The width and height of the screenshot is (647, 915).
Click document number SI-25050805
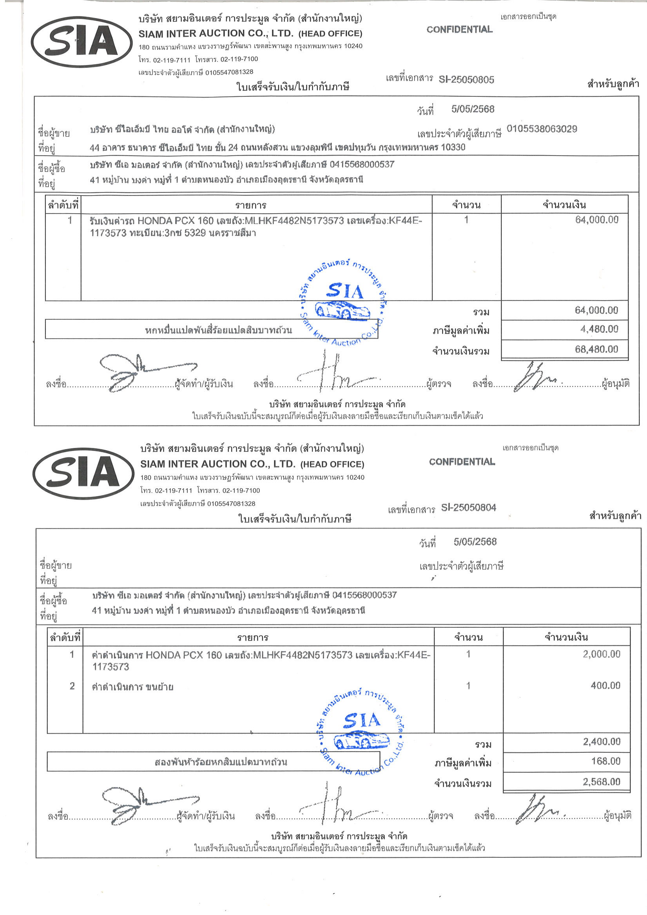pyautogui.click(x=466, y=80)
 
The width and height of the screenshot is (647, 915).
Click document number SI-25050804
pyautogui.click(x=468, y=508)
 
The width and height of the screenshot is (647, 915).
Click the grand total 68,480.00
pyautogui.click(x=596, y=350)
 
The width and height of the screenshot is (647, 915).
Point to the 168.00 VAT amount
pyautogui.click(x=605, y=761)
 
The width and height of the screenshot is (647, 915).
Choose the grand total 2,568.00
pyautogui.click(x=601, y=782)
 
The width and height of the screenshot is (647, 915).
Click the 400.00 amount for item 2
pyautogui.click(x=605, y=685)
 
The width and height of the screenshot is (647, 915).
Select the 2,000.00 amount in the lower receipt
pyautogui.click(x=601, y=654)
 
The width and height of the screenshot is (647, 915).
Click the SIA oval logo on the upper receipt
pyautogui.click(x=82, y=42)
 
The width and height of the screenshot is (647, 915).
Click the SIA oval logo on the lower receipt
pyautogui.click(x=83, y=473)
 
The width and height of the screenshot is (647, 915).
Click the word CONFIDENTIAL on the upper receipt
pyautogui.click(x=459, y=29)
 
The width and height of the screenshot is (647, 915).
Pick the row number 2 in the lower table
pyautogui.click(x=72, y=686)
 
